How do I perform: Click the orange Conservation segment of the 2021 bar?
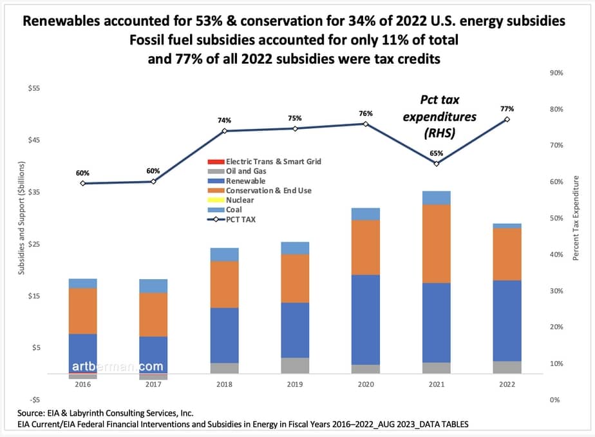click(436, 244)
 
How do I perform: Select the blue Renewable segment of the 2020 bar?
click(365, 320)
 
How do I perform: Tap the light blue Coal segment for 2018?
click(224, 255)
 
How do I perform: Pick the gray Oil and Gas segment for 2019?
click(295, 365)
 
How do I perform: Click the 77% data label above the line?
click(507, 109)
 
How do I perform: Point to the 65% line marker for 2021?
click(436, 164)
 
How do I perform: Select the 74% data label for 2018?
click(224, 121)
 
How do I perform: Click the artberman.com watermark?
click(109, 366)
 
